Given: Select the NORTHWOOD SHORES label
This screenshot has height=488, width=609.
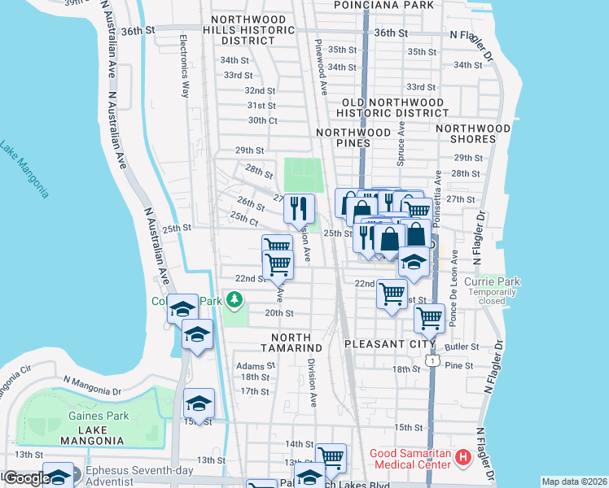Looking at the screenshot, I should [473, 133].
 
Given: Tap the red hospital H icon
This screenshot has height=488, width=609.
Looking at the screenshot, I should [463, 458].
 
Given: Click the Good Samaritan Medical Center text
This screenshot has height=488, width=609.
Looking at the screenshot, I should [410, 459].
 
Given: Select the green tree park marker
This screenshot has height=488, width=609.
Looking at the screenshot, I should [234, 301].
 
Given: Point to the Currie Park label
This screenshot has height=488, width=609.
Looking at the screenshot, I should [491, 282].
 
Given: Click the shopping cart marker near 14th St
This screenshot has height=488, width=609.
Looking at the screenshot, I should [331, 459].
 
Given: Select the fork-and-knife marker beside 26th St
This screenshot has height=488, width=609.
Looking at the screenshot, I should [299, 208].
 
